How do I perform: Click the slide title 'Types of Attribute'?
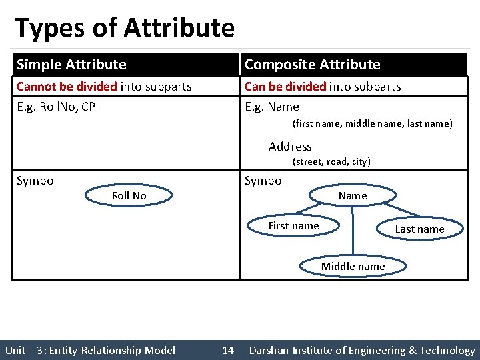pos(125,28)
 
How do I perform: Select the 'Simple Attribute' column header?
pos(71,65)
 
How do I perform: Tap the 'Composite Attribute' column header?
pos(313,65)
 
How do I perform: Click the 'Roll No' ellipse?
pos(129,195)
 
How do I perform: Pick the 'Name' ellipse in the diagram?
pos(353,195)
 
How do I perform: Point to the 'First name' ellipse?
pos(293,226)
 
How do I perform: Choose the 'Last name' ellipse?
pos(419,229)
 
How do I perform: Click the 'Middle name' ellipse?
pos(353,266)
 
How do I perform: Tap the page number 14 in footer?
pos(228,350)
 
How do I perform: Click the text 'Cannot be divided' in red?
pos(67,87)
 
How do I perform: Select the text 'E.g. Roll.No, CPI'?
pos(57,107)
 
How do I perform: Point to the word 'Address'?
pos(290,147)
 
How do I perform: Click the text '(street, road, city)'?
pos(331,161)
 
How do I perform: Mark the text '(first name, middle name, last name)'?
pos(372,123)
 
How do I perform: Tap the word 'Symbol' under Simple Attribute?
pos(37,181)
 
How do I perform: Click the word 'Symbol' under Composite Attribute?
pos(265,181)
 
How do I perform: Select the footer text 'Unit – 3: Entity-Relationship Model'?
pos(90,350)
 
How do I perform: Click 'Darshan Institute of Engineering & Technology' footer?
pos(362,350)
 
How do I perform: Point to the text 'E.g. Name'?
pos(272,107)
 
